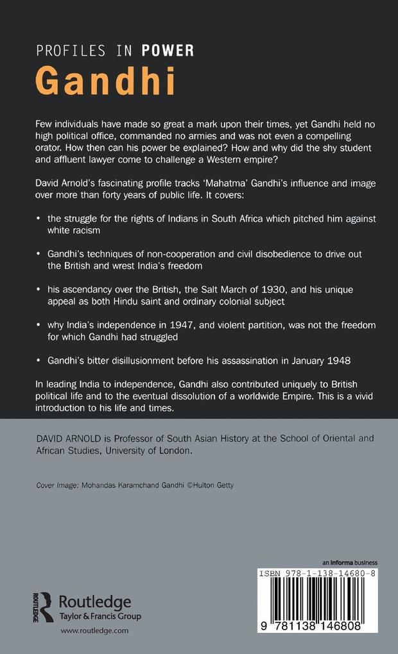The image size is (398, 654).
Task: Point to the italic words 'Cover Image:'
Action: point(57,485)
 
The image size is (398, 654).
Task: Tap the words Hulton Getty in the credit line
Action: point(214,485)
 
